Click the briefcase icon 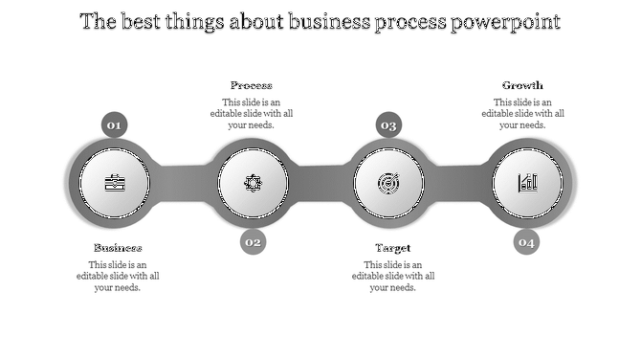click(x=114, y=183)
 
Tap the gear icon click(x=253, y=183)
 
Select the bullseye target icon click(x=388, y=182)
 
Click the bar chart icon click(x=527, y=182)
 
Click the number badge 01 click(x=114, y=124)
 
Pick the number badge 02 click(x=253, y=242)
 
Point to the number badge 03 click(x=388, y=124)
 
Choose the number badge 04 click(x=526, y=242)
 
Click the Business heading click(x=118, y=248)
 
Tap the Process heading click(x=252, y=85)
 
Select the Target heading click(x=392, y=248)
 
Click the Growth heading click(x=522, y=85)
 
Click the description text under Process click(x=252, y=113)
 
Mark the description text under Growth click(x=522, y=113)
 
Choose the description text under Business click(x=118, y=276)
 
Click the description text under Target click(x=392, y=276)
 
